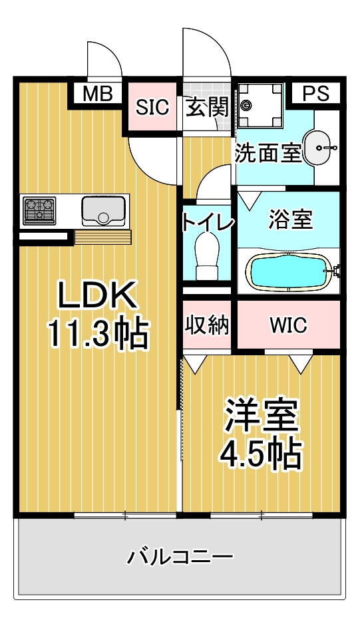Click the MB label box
pos(98,94)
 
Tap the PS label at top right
pos(315,93)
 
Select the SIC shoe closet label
pos(152,107)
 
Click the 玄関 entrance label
pos(207,107)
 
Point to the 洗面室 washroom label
pos(268,153)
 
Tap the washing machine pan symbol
pos(260,105)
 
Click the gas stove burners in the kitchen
pos(39,210)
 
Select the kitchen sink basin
pos(104,210)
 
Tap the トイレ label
pos(207,222)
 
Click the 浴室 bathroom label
pos(290,220)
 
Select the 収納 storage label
pos(207,325)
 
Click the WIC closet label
pos(289,325)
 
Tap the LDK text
pos(98,295)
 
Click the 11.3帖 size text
pos(98,334)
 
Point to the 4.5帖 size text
pos(260,454)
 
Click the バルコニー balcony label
pos(180,556)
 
